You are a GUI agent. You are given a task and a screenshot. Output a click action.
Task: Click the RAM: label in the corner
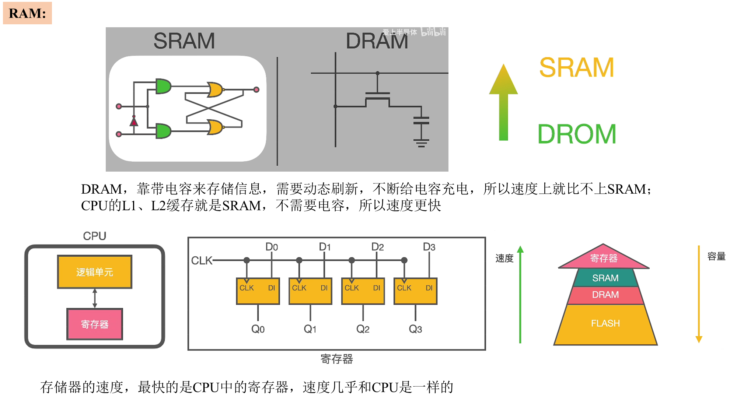pyautogui.click(x=27, y=13)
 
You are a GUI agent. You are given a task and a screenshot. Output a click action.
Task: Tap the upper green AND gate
pyautogui.click(x=163, y=86)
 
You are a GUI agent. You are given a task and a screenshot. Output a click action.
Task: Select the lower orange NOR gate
pyautogui.click(x=215, y=127)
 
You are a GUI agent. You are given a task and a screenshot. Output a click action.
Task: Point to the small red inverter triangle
pyautogui.click(x=134, y=121)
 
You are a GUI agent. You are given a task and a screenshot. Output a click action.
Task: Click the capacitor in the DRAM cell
pyautogui.click(x=421, y=120)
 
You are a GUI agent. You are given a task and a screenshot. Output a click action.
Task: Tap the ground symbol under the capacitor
pyautogui.click(x=421, y=143)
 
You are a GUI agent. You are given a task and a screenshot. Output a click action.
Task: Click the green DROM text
pyautogui.click(x=577, y=134)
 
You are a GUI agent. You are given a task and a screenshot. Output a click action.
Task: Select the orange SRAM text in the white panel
pyautogui.click(x=577, y=67)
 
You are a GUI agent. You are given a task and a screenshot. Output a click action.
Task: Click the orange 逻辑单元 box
pyautogui.click(x=95, y=272)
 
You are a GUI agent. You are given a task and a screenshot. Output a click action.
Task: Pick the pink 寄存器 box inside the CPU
pyautogui.click(x=95, y=324)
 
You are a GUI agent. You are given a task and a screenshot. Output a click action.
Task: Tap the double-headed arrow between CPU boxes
pyautogui.click(x=95, y=298)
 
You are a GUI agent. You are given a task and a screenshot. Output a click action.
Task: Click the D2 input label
pyautogui.click(x=378, y=247)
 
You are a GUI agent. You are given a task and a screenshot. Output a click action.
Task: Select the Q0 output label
pyautogui.click(x=258, y=329)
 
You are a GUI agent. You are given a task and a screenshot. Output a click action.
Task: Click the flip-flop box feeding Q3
pyautogui.click(x=416, y=291)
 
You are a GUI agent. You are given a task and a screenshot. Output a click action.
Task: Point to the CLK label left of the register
pyautogui.click(x=202, y=260)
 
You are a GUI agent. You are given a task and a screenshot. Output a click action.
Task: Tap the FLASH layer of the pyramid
pyautogui.click(x=605, y=323)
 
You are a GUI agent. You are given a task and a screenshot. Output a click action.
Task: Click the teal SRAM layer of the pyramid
pyautogui.click(x=605, y=278)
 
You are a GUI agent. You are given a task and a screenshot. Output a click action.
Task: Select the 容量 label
pyautogui.click(x=716, y=256)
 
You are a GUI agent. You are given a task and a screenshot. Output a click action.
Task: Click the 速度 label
pyautogui.click(x=504, y=258)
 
